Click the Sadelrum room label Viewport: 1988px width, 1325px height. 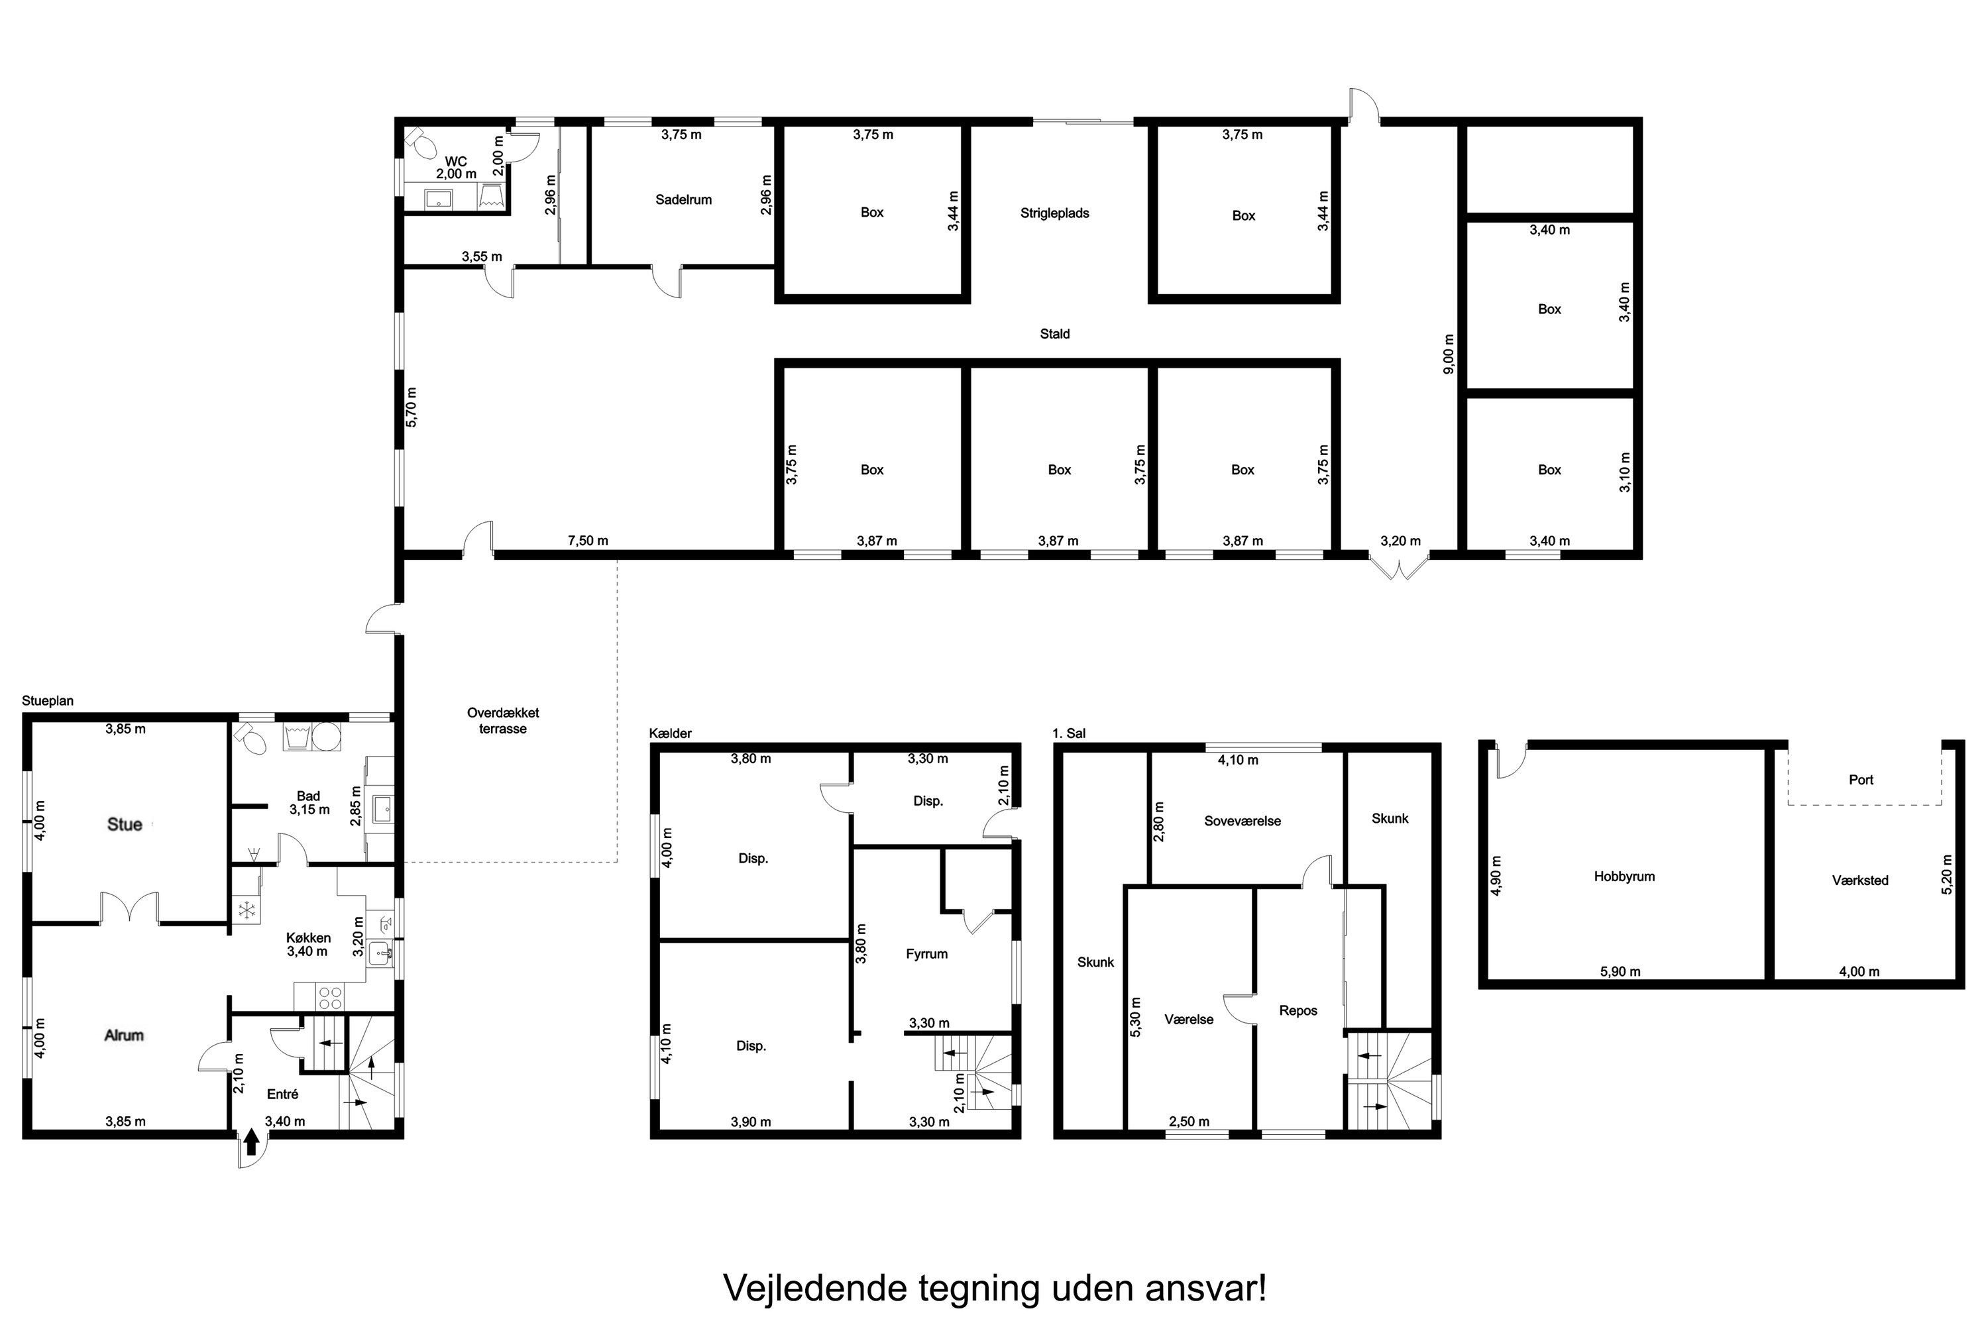click(683, 200)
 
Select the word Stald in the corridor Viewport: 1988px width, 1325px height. click(1054, 335)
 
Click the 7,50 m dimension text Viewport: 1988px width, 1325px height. click(587, 541)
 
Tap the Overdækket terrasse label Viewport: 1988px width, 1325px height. click(503, 721)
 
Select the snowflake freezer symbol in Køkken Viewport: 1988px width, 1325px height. click(247, 911)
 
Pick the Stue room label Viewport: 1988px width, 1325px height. click(125, 825)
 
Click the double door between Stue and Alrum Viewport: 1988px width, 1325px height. click(129, 908)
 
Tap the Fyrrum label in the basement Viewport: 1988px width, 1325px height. click(926, 954)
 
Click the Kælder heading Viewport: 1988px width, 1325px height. click(670, 733)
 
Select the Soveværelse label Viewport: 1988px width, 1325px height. click(1242, 821)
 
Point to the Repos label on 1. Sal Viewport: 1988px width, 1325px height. click(1298, 1011)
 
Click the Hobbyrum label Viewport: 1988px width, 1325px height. click(1624, 877)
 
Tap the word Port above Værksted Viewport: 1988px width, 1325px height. click(1860, 780)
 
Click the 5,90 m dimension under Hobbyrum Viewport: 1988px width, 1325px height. click(1620, 972)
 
